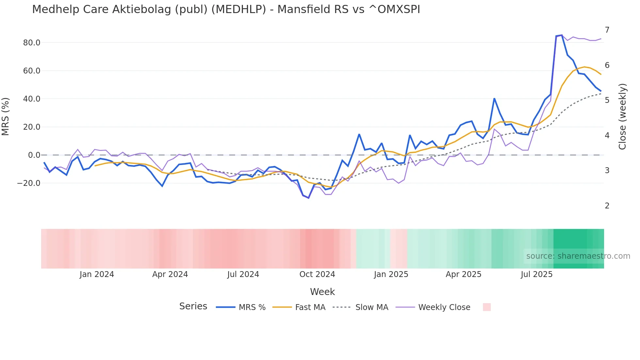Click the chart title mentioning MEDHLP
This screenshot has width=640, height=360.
(226, 9)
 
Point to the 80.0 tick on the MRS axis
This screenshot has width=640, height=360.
(32, 43)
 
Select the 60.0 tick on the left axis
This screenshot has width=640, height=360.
(32, 71)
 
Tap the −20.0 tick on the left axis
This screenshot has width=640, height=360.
(29, 183)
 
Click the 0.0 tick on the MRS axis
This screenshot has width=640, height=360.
(34, 155)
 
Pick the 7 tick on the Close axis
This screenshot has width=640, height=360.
(607, 30)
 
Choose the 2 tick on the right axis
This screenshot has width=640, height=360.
(607, 206)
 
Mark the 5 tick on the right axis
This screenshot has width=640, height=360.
(607, 100)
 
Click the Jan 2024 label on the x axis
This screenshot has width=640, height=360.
(97, 274)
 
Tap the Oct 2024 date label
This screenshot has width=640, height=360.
(317, 274)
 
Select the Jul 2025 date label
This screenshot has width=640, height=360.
(536, 274)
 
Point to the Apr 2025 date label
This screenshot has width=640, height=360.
(463, 274)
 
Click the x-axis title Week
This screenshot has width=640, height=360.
(322, 292)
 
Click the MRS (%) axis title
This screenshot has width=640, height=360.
(6, 116)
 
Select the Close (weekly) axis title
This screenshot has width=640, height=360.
(622, 116)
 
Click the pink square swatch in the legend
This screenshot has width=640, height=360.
(487, 307)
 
